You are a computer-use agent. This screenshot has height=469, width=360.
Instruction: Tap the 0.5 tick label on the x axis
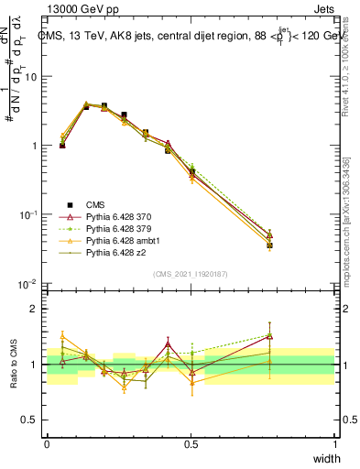click(x=191, y=444)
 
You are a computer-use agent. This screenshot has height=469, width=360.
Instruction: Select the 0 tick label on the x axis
click(x=47, y=444)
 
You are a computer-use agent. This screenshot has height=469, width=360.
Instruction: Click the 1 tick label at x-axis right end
click(x=334, y=444)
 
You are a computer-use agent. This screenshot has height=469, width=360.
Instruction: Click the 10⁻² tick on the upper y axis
click(x=28, y=283)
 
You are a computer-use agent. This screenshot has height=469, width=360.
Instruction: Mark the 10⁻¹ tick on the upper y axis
click(x=28, y=214)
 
